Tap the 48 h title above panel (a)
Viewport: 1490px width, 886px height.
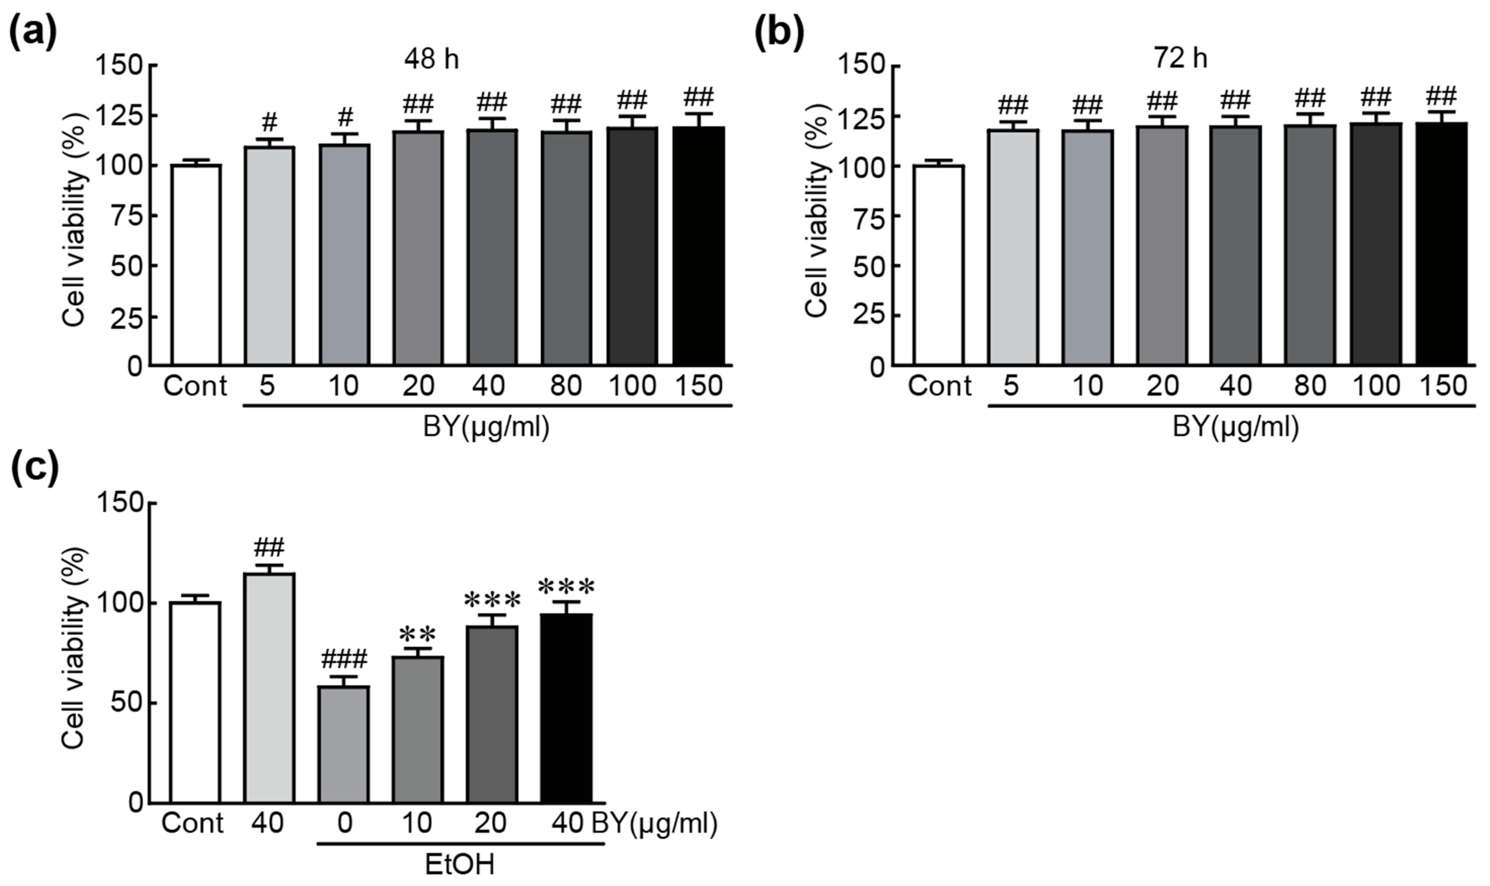[x=431, y=60]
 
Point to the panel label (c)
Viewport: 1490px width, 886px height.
[x=34, y=469]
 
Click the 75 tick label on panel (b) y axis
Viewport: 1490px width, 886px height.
[x=869, y=216]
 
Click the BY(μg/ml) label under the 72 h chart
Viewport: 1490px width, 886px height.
[x=1235, y=427]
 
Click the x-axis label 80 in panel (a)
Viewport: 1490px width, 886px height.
[x=565, y=386]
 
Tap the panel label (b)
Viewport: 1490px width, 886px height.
[x=779, y=33]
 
